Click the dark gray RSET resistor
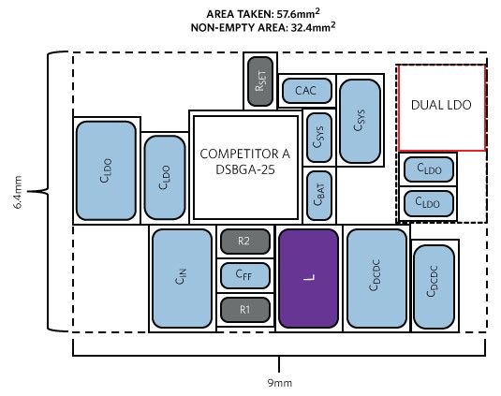[260, 81]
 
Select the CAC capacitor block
[307, 91]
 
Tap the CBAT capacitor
[319, 196]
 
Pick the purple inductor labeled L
[309, 278]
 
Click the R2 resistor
[245, 242]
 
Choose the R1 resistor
[245, 310]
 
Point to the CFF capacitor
[245, 275]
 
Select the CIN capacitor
[182, 278]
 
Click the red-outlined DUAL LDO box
[442, 108]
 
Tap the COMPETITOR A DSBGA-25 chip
[245, 168]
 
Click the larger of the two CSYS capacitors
[361, 121]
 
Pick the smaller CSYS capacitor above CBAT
[319, 138]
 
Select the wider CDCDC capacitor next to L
[376, 278]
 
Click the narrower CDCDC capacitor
[435, 286]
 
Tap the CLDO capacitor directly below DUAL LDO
[429, 169]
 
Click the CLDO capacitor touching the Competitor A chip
[165, 178]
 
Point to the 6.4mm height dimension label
[18, 192]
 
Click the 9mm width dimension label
[280, 383]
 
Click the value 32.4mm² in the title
[313, 27]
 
